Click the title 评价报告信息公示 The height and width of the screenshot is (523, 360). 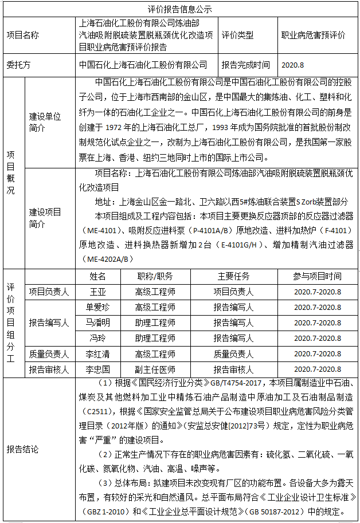[x=180, y=10]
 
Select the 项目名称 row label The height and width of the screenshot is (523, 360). [x=23, y=35]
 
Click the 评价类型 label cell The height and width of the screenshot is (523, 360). [x=237, y=35]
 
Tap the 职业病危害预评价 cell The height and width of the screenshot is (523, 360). [x=313, y=35]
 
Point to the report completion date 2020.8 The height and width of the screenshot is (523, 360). [x=293, y=65]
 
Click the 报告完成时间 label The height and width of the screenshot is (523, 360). [x=246, y=65]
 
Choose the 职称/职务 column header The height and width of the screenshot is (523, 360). [x=155, y=276]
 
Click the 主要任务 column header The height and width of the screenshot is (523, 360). [x=233, y=276]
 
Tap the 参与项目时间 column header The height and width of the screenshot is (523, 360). [x=317, y=276]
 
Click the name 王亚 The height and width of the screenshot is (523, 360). [x=98, y=292]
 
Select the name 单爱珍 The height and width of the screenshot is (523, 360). [x=98, y=307]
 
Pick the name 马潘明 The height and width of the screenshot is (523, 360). [x=98, y=323]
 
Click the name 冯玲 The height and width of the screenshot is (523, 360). [x=98, y=338]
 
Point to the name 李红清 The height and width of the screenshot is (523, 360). [x=98, y=354]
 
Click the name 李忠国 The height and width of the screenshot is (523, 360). [x=98, y=369]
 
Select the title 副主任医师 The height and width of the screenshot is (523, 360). [x=155, y=369]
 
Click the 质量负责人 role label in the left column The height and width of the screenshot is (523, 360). [x=49, y=354]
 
